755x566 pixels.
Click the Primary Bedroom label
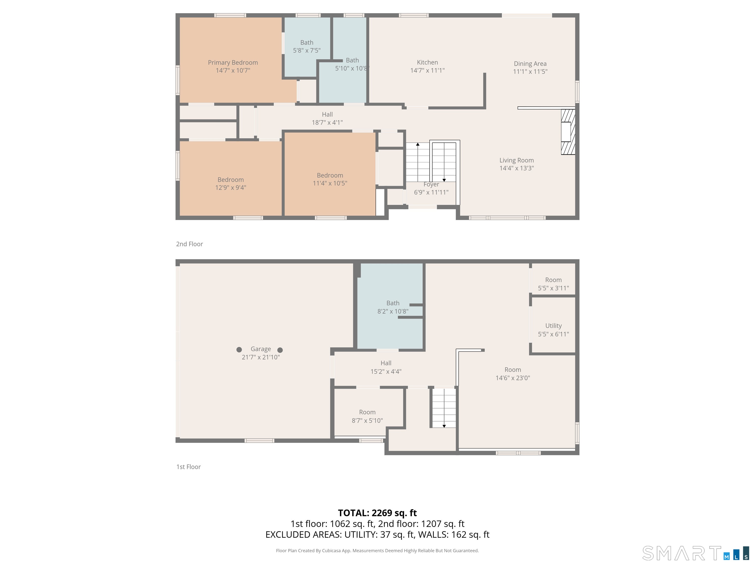pyautogui.click(x=233, y=62)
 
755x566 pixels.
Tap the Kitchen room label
pyautogui.click(x=427, y=62)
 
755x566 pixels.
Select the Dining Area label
pyautogui.click(x=530, y=64)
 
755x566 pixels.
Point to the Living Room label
pyautogui.click(x=516, y=160)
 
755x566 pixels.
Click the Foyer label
pyautogui.click(x=431, y=184)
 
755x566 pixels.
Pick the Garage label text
pyautogui.click(x=261, y=349)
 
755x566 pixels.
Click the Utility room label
pyautogui.click(x=553, y=326)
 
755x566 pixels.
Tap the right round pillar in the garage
pyautogui.click(x=280, y=350)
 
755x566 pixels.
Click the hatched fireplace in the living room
pyautogui.click(x=568, y=132)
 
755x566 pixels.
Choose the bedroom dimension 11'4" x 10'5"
pyautogui.click(x=330, y=183)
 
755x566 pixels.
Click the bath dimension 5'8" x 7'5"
pyautogui.click(x=307, y=51)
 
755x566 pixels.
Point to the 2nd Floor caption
pyautogui.click(x=189, y=244)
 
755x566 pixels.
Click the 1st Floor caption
pyautogui.click(x=189, y=467)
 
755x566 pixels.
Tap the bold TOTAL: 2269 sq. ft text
pyautogui.click(x=377, y=513)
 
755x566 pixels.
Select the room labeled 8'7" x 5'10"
pyautogui.click(x=367, y=416)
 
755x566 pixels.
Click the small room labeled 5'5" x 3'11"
pyautogui.click(x=553, y=284)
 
